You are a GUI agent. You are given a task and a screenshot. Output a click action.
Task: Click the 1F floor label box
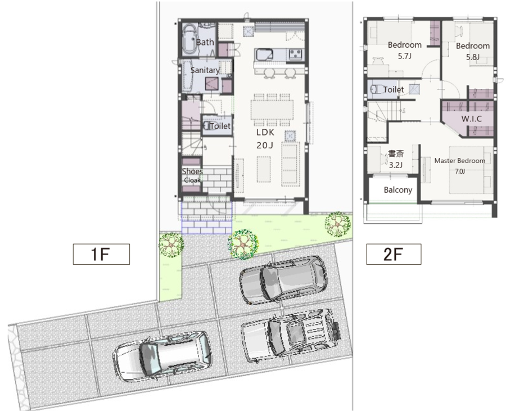click(x=101, y=254)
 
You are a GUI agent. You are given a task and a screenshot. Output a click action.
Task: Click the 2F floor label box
click(x=394, y=254)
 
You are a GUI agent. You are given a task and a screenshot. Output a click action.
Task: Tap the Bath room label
click(x=205, y=42)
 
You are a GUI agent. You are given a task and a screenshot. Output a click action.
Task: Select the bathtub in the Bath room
click(x=190, y=40)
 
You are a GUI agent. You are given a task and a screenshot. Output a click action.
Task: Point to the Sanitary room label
click(x=205, y=70)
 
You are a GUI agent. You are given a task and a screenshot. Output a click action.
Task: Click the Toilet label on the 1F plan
click(x=220, y=126)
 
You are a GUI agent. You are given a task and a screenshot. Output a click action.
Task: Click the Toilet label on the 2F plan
click(x=394, y=89)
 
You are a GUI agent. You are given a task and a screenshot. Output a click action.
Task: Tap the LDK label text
click(x=265, y=132)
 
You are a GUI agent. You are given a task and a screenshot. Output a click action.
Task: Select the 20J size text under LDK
click(x=265, y=146)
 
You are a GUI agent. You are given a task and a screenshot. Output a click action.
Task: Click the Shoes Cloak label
click(x=192, y=175)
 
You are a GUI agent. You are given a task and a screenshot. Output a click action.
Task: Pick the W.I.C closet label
click(x=472, y=119)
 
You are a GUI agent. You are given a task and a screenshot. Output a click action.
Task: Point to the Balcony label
click(x=398, y=190)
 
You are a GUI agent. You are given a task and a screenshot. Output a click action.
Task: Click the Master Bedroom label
click(x=459, y=161)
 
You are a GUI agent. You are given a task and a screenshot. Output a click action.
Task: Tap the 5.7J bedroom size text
click(x=405, y=56)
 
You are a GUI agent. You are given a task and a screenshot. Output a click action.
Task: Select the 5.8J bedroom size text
click(x=473, y=57)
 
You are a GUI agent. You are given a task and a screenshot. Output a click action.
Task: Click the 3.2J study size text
click(x=396, y=165)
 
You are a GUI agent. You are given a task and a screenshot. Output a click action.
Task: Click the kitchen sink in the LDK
click(x=265, y=55)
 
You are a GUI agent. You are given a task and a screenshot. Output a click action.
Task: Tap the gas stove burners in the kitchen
click(x=296, y=54)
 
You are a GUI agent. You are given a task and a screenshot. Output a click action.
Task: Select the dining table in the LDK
click(x=272, y=110)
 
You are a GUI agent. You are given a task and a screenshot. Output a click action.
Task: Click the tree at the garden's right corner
click(x=337, y=224)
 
